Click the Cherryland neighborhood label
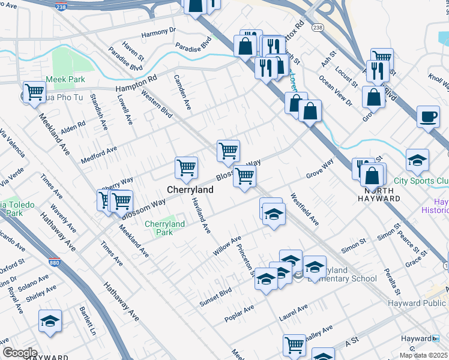point(189,190)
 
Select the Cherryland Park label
point(164,228)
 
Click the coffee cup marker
point(428,116)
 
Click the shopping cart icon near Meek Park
point(34,92)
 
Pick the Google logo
point(19,353)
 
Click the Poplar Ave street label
point(239,313)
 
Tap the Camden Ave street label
point(182,92)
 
